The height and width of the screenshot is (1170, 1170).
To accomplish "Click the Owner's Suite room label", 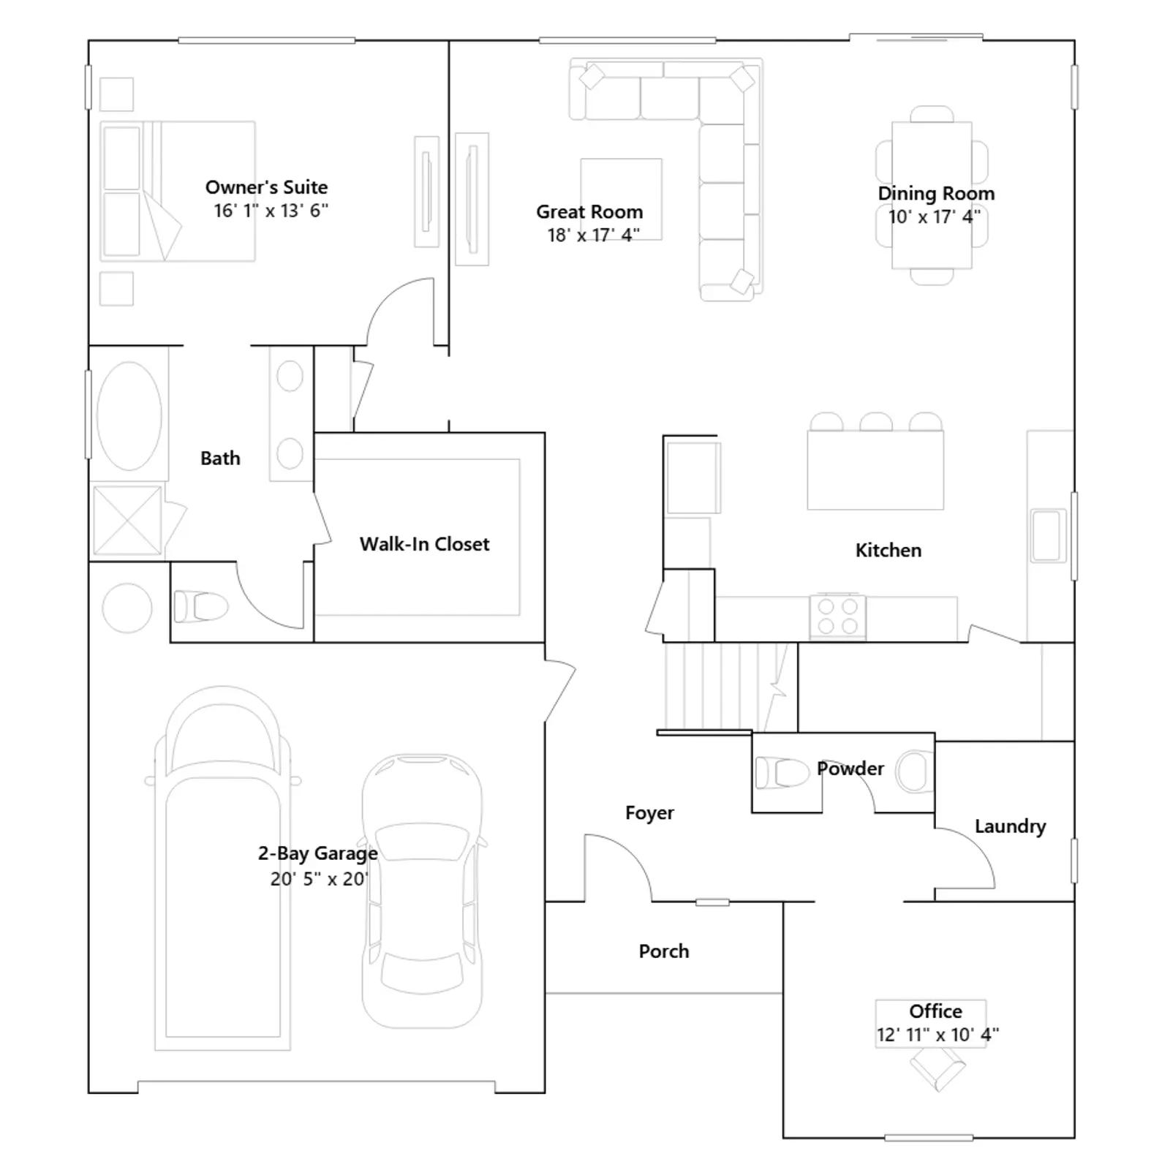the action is click(266, 187).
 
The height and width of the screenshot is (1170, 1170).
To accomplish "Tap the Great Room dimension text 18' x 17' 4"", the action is click(593, 235).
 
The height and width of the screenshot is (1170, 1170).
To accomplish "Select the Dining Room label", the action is click(936, 194).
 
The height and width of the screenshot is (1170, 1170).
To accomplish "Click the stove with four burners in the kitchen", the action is click(838, 616).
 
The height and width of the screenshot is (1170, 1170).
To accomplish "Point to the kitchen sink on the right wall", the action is click(1048, 535).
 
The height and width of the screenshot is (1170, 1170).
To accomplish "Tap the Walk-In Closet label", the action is click(424, 544).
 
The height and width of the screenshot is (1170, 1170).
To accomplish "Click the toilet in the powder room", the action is click(782, 773).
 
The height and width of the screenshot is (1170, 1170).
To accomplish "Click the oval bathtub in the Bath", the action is click(129, 415).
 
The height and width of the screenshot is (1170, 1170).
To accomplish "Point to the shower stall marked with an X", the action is click(127, 520).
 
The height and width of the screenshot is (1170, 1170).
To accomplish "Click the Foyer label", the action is click(649, 813).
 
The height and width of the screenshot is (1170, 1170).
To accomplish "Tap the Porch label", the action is click(664, 951).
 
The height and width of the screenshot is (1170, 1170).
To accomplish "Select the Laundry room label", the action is click(1010, 826).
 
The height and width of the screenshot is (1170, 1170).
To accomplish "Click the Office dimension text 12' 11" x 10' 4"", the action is click(937, 1035).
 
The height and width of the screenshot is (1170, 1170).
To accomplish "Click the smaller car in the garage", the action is click(423, 891).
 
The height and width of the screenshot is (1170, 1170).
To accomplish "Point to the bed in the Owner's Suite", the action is click(178, 192).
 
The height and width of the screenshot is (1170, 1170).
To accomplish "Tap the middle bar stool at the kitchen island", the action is click(875, 422).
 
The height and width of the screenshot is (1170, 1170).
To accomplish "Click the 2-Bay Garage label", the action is click(318, 853).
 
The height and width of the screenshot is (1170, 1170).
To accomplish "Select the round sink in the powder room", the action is click(915, 771).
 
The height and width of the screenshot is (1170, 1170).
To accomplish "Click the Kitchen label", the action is click(888, 551).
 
